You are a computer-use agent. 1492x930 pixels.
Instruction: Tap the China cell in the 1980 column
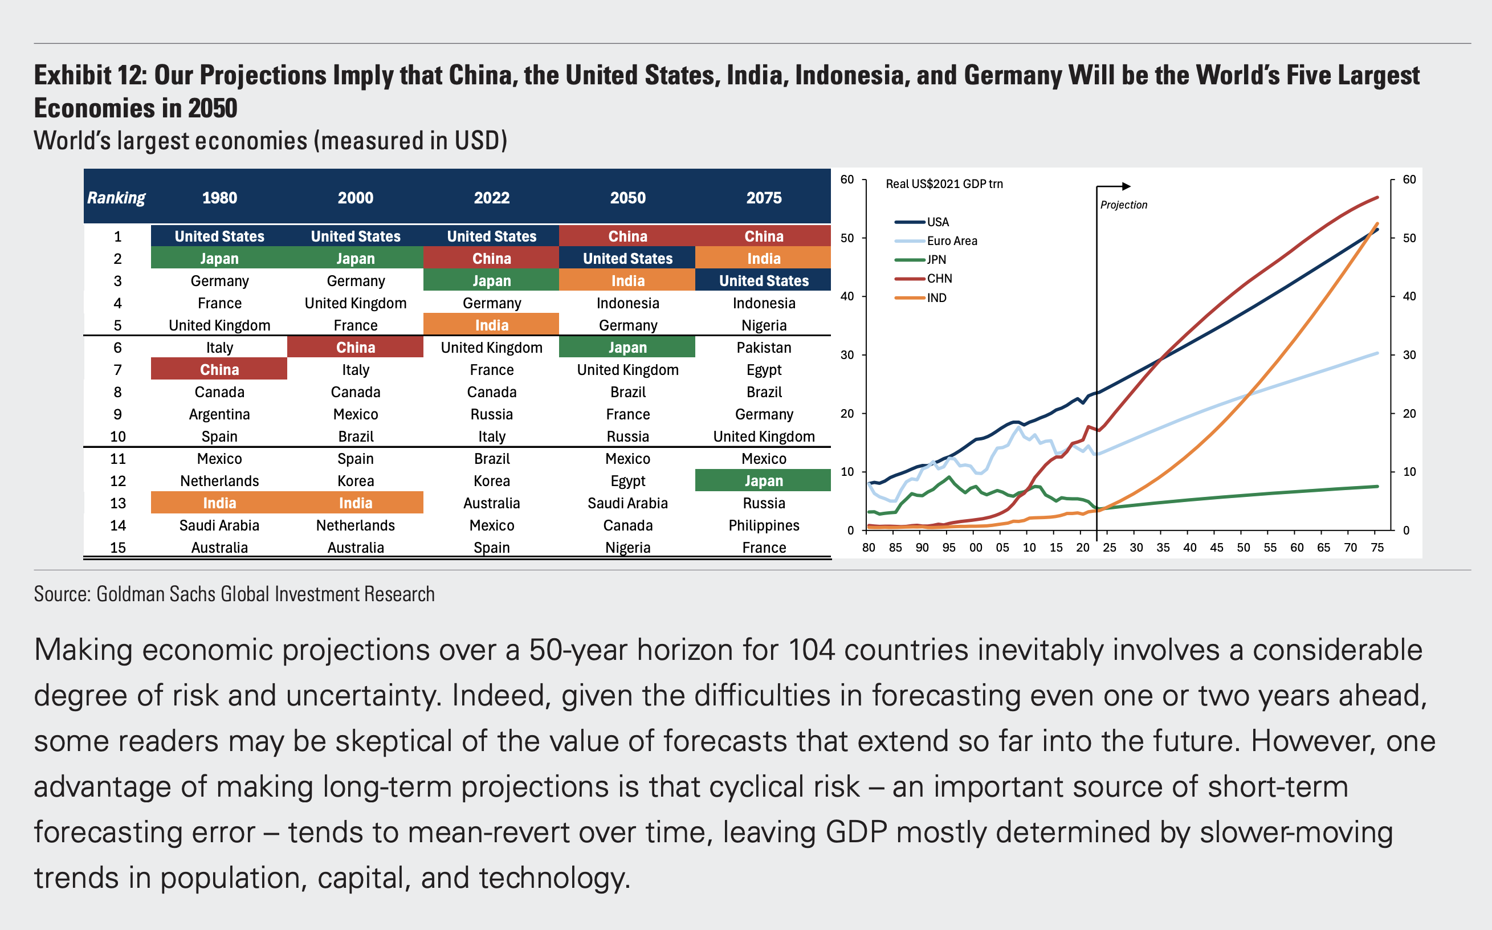(219, 370)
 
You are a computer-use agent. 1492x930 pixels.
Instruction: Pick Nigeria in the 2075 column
(763, 325)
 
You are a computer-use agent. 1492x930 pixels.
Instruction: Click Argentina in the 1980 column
(219, 414)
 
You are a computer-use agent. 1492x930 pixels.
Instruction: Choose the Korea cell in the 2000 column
(356, 481)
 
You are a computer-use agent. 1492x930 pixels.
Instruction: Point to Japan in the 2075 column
(763, 481)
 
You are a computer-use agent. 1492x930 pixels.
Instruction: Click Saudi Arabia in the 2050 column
(627, 503)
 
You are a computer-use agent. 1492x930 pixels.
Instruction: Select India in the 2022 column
(491, 325)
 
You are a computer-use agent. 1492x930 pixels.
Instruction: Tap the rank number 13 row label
(117, 503)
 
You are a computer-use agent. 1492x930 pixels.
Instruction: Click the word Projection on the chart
(1124, 205)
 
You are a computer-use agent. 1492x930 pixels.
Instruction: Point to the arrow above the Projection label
(1114, 186)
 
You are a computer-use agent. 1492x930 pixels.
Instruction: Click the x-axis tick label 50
(1243, 548)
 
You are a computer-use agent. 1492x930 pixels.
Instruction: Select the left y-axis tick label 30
(847, 355)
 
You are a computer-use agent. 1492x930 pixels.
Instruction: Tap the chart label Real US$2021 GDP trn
(944, 184)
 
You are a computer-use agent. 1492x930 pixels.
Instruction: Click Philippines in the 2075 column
(763, 525)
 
